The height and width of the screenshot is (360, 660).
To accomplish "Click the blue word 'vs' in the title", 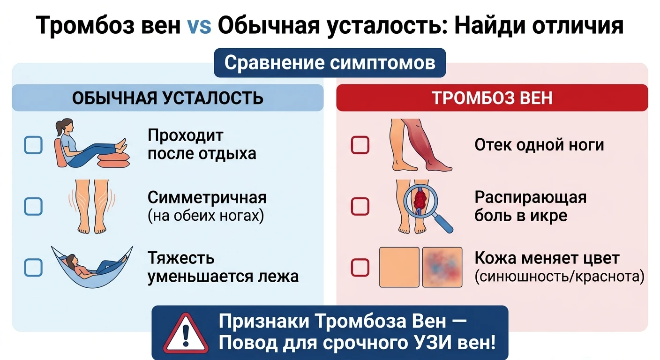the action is tap(199, 26).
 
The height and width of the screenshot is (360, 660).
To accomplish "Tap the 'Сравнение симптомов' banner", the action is tap(330, 63).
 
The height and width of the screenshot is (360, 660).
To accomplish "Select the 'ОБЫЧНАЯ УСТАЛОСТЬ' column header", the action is tap(168, 97).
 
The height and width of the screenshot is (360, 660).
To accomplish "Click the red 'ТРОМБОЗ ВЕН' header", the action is tap(492, 97).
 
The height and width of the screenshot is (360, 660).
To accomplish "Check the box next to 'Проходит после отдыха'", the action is tap(33, 145).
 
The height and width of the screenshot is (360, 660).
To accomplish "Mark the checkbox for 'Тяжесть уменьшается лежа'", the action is tap(33, 268).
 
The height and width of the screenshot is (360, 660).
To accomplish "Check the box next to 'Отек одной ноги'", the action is tap(360, 145).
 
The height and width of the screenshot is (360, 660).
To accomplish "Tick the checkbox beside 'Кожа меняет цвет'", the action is tap(360, 268).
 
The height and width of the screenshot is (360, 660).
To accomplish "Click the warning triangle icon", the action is tap(186, 334).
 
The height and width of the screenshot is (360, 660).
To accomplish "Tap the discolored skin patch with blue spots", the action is tap(442, 267).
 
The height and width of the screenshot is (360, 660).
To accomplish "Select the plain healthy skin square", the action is tap(399, 267).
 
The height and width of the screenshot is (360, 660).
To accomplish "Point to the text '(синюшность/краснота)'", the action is tap(559, 277).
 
